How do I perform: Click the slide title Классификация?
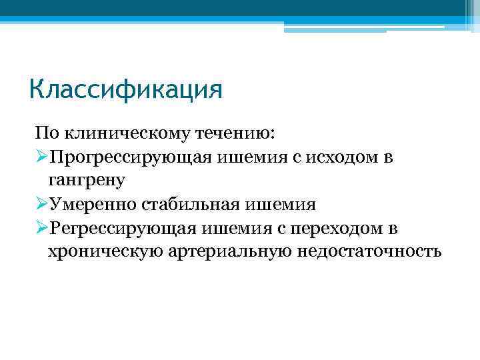(125, 89)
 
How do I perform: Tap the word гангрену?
(87, 180)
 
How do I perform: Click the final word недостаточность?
(365, 251)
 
